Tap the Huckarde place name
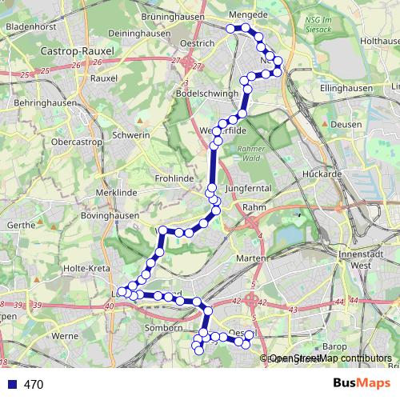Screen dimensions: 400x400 [322, 173]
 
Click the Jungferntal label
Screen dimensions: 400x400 [249, 188]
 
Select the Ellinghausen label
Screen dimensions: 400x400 [346, 87]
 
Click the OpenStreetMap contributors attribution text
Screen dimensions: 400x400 [330, 359]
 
